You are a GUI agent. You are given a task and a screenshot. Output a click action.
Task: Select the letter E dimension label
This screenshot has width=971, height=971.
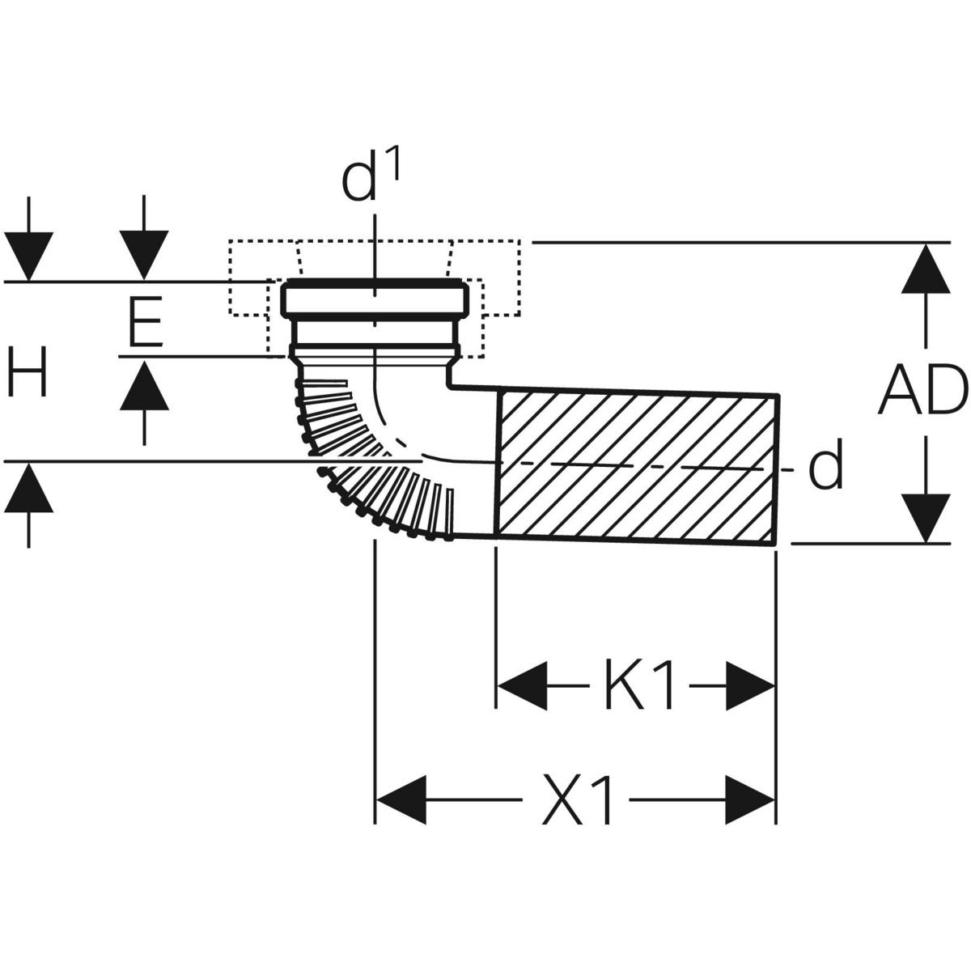point(146,322)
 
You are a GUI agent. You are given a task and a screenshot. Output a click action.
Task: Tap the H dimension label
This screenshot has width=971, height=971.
point(28,374)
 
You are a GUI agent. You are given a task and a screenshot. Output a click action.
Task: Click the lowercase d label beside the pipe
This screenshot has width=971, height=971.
point(826,467)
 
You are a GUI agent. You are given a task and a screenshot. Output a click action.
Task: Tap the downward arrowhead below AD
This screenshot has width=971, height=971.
point(926,518)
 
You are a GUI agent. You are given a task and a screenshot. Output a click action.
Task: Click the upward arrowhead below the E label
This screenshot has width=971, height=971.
point(144,384)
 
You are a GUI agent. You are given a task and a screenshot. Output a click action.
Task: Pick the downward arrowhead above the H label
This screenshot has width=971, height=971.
point(29,256)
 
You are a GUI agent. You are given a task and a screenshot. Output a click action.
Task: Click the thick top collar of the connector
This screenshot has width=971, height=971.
point(374,299)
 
